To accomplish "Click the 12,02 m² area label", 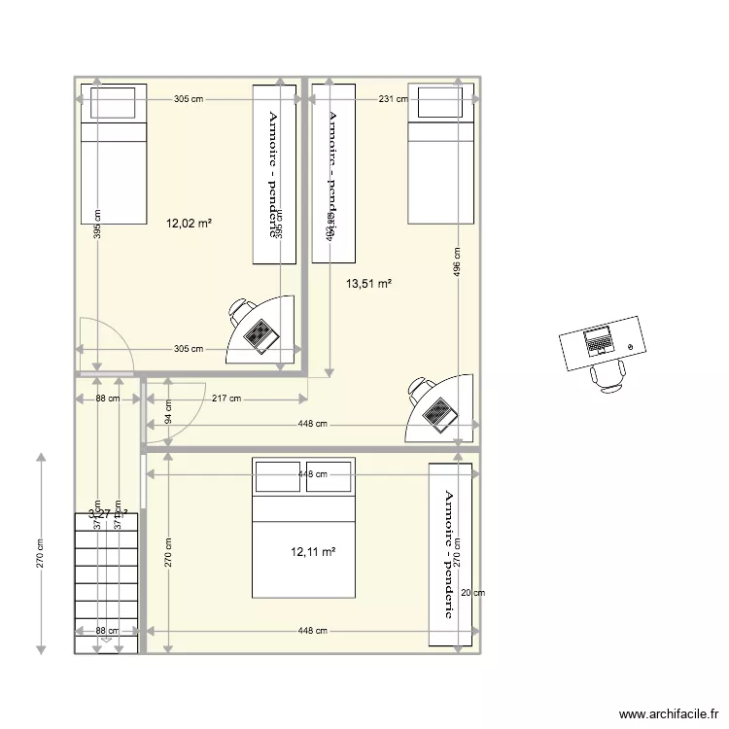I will click(x=189, y=224).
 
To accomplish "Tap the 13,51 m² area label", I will click(x=368, y=284).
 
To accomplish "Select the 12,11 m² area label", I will click(x=313, y=552).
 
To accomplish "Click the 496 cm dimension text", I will click(x=457, y=262).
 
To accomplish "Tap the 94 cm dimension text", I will click(x=167, y=413).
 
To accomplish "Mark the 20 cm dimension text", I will click(x=472, y=593).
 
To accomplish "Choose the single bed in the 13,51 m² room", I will click(x=441, y=154).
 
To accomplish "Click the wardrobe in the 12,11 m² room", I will click(x=451, y=554).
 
